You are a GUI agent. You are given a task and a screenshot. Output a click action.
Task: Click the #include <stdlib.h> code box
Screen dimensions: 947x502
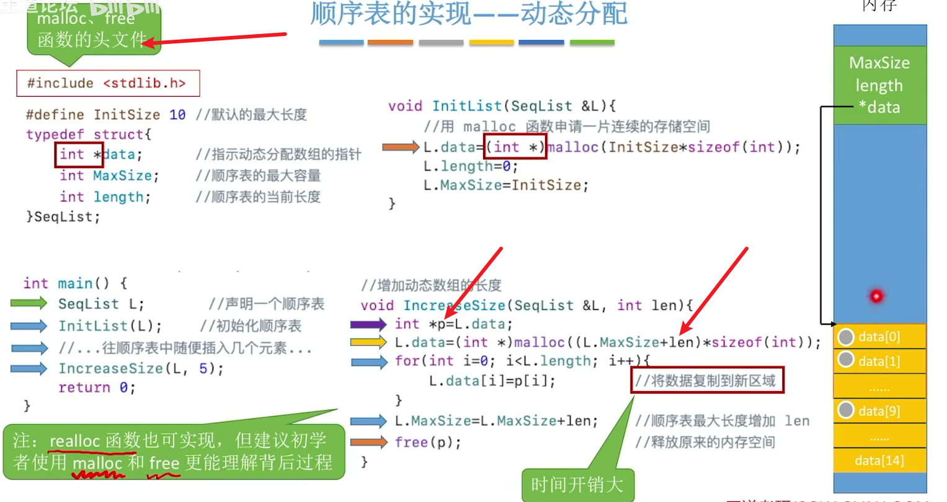(108, 83)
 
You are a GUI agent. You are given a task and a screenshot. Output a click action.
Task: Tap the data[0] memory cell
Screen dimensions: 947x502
(879, 337)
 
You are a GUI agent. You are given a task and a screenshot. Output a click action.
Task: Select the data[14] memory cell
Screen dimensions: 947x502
(879, 460)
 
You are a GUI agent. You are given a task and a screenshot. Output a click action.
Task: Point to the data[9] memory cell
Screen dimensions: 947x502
(879, 411)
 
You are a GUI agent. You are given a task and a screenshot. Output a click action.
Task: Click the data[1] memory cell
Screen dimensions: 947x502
(879, 361)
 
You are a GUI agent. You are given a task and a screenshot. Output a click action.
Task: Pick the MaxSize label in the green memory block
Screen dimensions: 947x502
(879, 63)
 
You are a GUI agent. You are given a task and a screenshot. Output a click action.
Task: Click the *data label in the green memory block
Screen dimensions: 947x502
(879, 107)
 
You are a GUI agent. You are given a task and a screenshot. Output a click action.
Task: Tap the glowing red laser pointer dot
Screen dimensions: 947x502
(876, 296)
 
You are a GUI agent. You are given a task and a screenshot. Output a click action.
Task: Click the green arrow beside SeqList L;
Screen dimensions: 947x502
(29, 303)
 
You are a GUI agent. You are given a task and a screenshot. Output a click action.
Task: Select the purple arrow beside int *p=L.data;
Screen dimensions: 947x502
(368, 324)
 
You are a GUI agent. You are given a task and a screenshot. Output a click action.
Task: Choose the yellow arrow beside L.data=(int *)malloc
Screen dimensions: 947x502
(368, 342)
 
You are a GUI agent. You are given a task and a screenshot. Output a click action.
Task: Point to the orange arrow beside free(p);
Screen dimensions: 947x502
(368, 442)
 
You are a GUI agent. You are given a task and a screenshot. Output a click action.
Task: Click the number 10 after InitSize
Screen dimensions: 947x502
(177, 115)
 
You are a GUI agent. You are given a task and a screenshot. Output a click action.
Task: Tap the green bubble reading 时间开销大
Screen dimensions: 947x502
(577, 484)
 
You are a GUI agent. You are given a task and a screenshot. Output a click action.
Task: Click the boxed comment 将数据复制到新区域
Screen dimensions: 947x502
(708, 381)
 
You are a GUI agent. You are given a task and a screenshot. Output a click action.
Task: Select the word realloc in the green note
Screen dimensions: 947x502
(74, 441)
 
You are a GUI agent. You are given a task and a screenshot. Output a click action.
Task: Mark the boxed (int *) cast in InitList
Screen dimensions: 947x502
(515, 147)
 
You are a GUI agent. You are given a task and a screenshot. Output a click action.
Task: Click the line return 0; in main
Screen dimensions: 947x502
(97, 387)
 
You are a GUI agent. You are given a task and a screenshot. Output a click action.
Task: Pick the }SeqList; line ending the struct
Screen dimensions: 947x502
(63, 217)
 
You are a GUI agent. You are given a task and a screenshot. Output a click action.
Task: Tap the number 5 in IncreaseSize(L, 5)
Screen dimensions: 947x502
(203, 369)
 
